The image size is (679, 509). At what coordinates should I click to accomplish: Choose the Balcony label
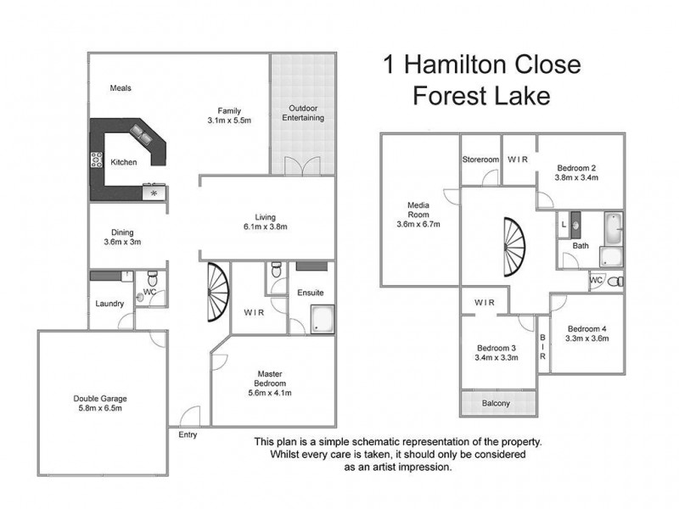pyautogui.click(x=496, y=403)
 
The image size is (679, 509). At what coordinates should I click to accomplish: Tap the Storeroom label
pyautogui.click(x=480, y=159)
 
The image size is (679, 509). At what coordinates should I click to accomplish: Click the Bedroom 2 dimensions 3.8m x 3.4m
pyautogui.click(x=576, y=178)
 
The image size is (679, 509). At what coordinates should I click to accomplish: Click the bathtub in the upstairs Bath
pyautogui.click(x=612, y=229)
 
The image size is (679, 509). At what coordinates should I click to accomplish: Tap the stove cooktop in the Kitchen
pyautogui.click(x=96, y=160)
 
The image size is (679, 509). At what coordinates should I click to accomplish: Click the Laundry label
pyautogui.click(x=110, y=304)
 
